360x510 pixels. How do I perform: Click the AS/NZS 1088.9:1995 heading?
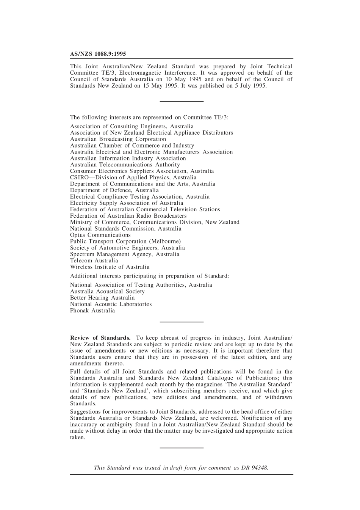click(x=98, y=54)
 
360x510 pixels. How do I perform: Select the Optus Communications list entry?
click(x=100, y=235)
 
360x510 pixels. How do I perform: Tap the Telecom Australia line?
click(x=94, y=260)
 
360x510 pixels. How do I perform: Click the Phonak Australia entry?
click(x=92, y=311)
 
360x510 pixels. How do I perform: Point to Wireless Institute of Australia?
click(x=110, y=267)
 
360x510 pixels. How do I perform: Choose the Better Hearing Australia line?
click(x=102, y=298)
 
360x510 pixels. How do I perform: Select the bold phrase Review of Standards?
click(x=100, y=338)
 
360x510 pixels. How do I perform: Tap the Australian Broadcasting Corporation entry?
click(x=118, y=139)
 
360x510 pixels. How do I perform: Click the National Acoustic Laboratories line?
click(x=111, y=304)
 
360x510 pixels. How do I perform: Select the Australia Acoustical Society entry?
click(x=107, y=291)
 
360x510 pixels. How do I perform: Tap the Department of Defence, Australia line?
click(x=114, y=190)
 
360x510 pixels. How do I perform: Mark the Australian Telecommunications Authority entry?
click(x=125, y=165)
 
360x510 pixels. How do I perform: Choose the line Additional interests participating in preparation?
click(x=149, y=276)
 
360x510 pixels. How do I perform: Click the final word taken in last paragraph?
click(x=77, y=437)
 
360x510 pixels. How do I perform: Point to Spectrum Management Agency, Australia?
click(x=124, y=254)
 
